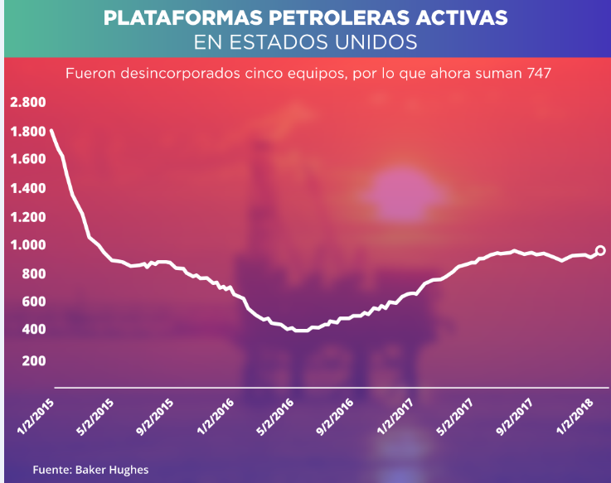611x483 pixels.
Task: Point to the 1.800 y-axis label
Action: [27, 131]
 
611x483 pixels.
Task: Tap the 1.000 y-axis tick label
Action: [27, 245]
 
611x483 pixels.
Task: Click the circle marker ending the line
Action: [601, 250]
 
